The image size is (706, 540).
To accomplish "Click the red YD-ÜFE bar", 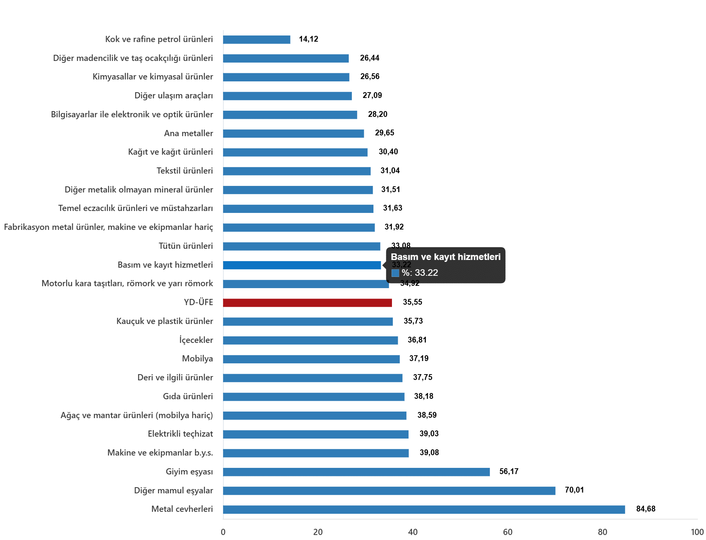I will [x=307, y=303].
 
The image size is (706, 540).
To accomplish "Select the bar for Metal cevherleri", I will [x=424, y=510].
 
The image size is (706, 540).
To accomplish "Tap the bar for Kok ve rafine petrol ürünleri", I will [x=257, y=40].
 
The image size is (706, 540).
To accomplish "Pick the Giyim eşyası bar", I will [x=356, y=472].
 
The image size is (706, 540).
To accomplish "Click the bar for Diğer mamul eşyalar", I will [x=389, y=491].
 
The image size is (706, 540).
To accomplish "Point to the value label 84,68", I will [x=645, y=509].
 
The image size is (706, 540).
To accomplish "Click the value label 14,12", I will [x=308, y=39].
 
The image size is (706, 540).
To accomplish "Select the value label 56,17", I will [x=508, y=471].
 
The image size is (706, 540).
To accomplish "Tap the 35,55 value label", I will [x=412, y=302].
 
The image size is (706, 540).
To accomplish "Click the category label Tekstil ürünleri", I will [x=184, y=170].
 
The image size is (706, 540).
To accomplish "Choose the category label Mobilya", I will [x=197, y=359].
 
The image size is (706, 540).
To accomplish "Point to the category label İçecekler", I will [x=196, y=340].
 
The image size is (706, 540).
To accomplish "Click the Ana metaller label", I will [x=188, y=133].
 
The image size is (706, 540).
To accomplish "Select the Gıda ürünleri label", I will [x=187, y=396].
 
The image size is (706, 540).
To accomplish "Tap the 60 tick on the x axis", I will [x=507, y=532].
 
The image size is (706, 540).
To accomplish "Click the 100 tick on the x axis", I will [x=697, y=532].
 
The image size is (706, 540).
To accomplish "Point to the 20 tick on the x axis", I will [x=318, y=532].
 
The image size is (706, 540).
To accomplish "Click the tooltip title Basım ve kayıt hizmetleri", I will [x=445, y=257].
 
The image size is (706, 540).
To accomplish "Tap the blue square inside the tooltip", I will [x=395, y=273].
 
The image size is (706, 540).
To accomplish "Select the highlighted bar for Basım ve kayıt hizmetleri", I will [x=302, y=265].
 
